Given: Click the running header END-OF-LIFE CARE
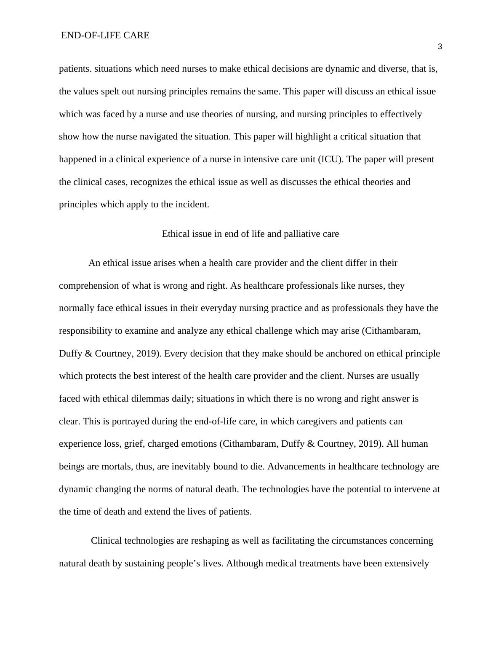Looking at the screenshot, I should point(105,35).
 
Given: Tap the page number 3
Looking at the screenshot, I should point(440,47).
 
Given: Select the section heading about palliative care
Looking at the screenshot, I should point(250,234).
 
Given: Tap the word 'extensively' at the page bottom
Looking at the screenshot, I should point(407,563).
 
